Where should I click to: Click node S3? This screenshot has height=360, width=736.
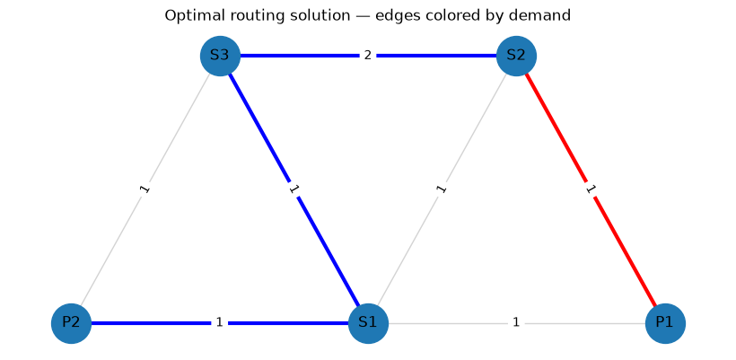(x=220, y=56)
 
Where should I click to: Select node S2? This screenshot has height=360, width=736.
(x=516, y=56)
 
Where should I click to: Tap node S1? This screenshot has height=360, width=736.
(x=369, y=323)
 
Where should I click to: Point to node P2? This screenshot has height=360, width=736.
(x=71, y=323)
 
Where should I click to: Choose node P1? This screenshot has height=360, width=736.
(x=665, y=323)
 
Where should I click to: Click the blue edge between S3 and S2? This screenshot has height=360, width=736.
(x=369, y=56)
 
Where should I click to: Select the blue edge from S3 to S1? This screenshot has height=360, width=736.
(x=294, y=189)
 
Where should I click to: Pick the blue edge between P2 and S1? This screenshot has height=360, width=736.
(x=220, y=323)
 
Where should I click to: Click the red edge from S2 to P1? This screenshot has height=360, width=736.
(x=591, y=189)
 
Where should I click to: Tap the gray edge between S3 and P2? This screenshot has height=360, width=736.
(x=145, y=189)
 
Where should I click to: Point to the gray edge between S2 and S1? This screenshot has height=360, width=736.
(x=442, y=189)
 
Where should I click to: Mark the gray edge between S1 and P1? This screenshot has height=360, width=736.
(x=517, y=323)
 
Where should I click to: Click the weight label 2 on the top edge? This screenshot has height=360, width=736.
(x=368, y=56)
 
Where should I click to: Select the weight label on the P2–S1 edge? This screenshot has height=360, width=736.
(x=219, y=322)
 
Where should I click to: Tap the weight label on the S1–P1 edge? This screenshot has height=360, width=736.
(x=516, y=322)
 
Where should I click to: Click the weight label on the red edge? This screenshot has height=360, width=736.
(x=591, y=189)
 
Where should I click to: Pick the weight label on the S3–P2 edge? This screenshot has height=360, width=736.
(x=145, y=189)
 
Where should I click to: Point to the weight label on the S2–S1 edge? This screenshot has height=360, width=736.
(x=442, y=189)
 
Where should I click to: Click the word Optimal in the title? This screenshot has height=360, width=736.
(x=186, y=16)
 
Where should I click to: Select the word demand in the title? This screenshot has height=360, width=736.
(x=547, y=15)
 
